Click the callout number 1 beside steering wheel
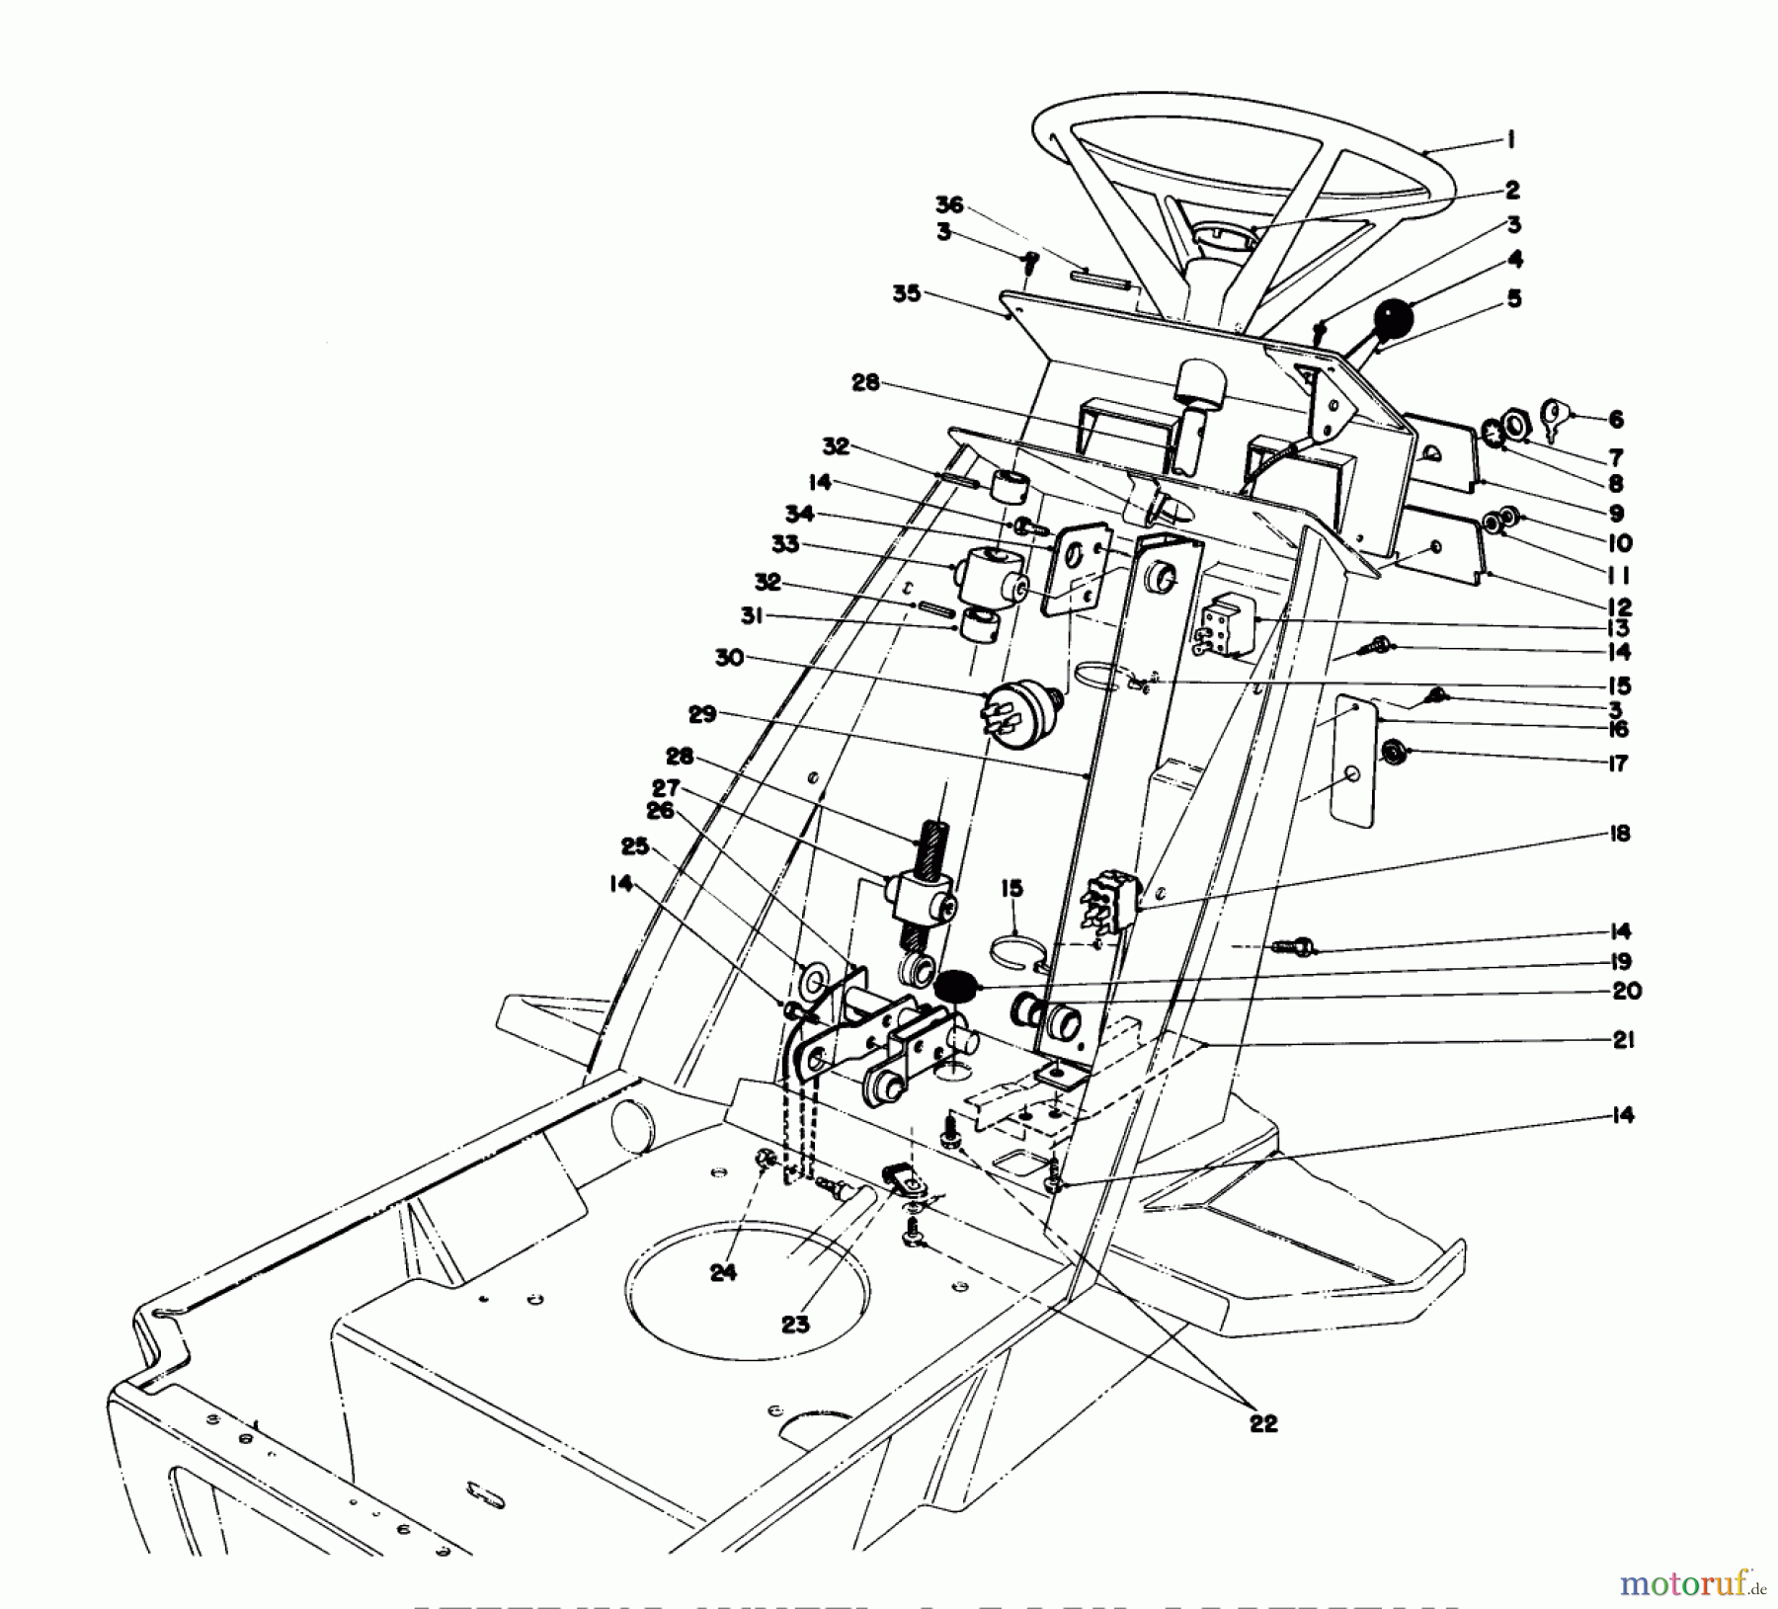[x=1510, y=140]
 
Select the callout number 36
[x=949, y=204]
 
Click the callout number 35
[x=906, y=293]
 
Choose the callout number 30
[x=729, y=657]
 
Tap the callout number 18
[x=1618, y=833]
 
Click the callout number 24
[x=723, y=1273]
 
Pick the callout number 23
[x=795, y=1324]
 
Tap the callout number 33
[x=785, y=544]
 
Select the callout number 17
[x=1617, y=763]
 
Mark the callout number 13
[x=1618, y=628]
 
